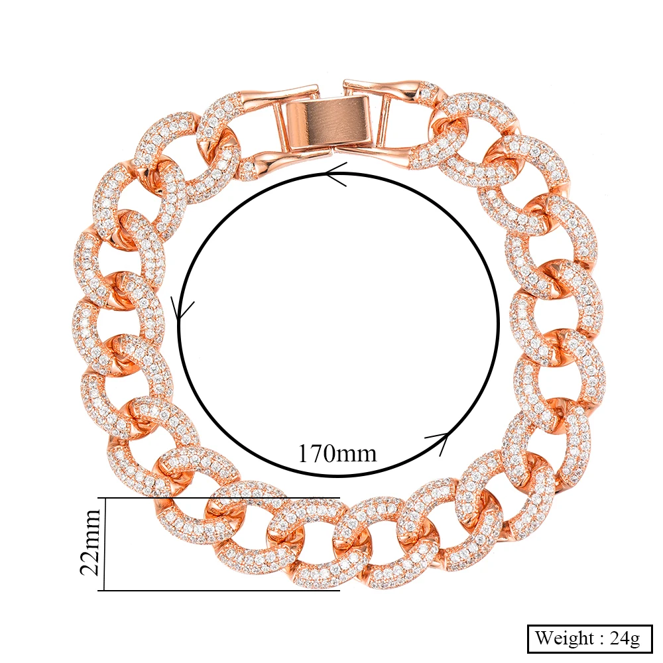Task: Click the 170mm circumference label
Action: [x=337, y=453]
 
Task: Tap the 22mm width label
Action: [x=90, y=543]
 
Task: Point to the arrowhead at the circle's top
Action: [x=336, y=174]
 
